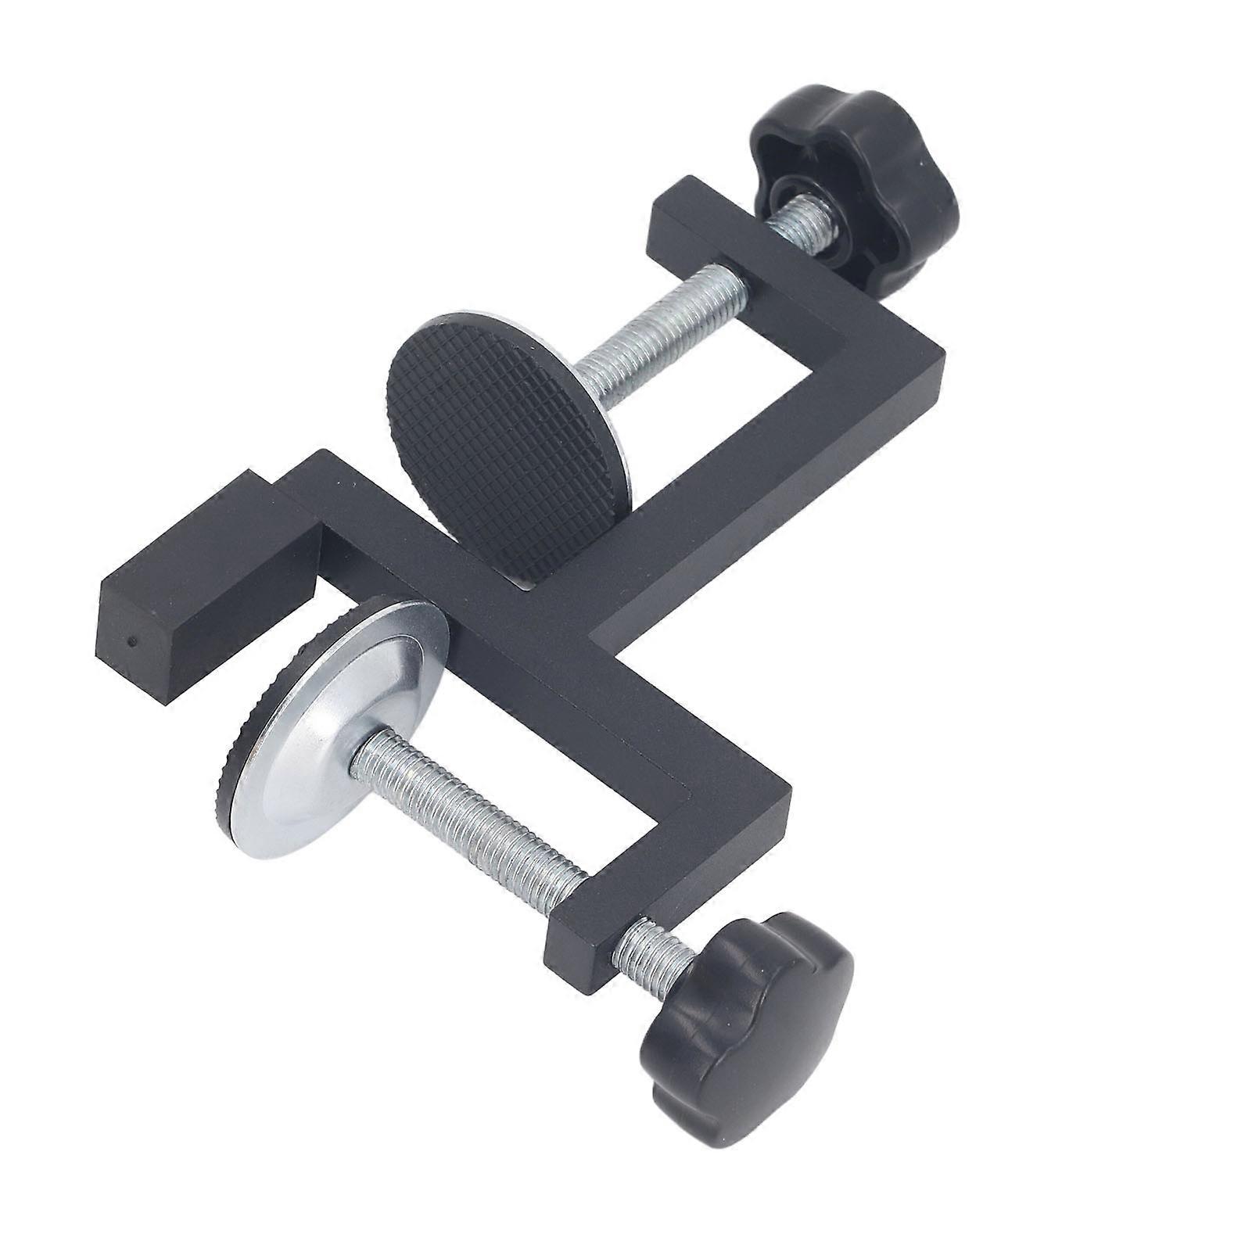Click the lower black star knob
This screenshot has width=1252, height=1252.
coord(743,1017)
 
